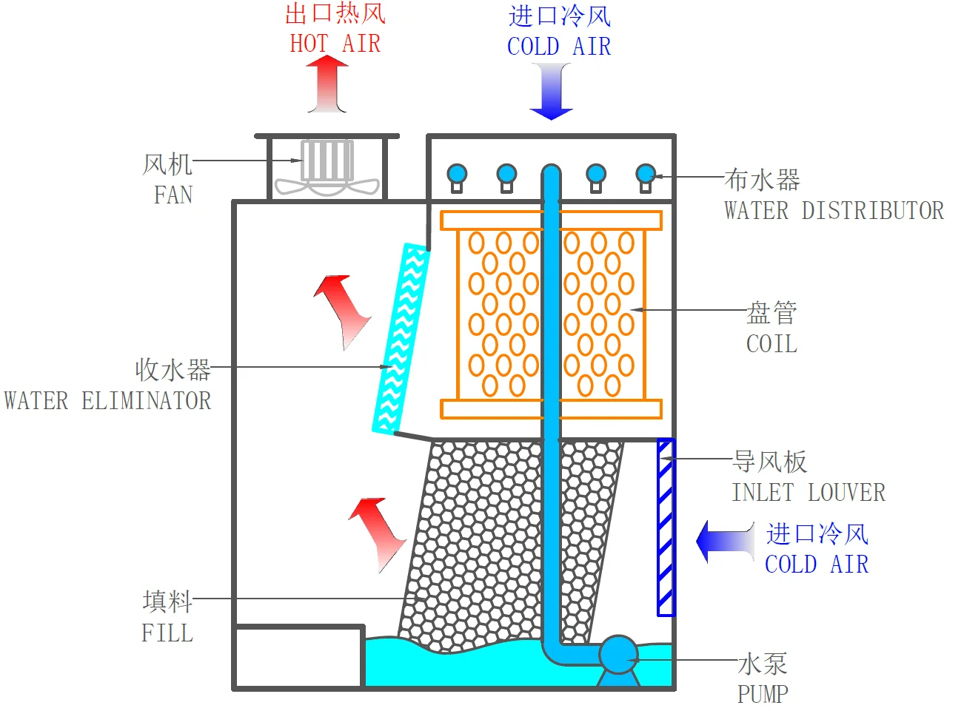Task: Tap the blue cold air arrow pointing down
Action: point(551,91)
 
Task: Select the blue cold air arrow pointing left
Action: point(725,541)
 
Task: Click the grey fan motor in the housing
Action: point(327,161)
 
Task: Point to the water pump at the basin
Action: point(618,659)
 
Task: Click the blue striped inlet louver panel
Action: point(666,528)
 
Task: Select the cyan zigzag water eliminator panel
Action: point(401,339)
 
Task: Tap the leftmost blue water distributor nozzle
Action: point(457,178)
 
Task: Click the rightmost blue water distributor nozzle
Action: point(646,178)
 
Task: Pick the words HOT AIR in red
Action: point(335,44)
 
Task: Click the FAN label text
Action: point(173,195)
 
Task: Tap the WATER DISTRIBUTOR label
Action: point(834,211)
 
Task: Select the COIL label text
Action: point(771,344)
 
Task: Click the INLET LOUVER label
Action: point(809,492)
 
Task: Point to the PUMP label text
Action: point(763,694)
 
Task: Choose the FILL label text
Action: point(167,633)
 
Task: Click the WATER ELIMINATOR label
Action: point(107,400)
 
